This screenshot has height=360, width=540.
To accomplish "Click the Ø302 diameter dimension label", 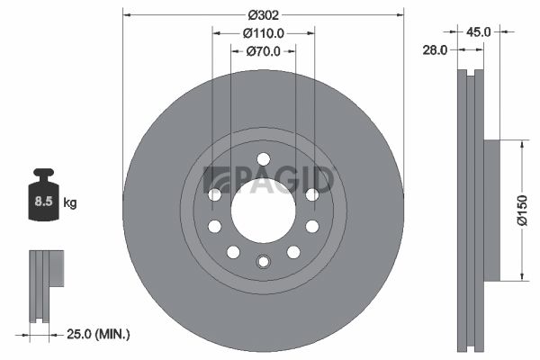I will pyautogui.click(x=263, y=15).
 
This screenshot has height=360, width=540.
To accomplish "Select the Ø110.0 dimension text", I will pyautogui.click(x=264, y=33).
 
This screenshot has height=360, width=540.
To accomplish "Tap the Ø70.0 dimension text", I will pyautogui.click(x=264, y=51).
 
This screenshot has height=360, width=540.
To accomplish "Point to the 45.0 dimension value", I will pyautogui.click(x=477, y=31).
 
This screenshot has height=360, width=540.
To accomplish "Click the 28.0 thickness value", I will pyautogui.click(x=435, y=50).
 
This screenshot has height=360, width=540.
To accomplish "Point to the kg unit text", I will pyautogui.click(x=69, y=202).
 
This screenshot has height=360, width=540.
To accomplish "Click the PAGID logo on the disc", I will pyautogui.click(x=270, y=179).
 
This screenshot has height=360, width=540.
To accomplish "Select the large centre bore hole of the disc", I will pyautogui.click(x=263, y=210).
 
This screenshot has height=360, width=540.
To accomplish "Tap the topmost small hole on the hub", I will pyautogui.click(x=263, y=159).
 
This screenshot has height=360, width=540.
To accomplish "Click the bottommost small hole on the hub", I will pyautogui.click(x=263, y=262).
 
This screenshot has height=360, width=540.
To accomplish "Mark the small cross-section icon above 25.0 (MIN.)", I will pyautogui.click(x=45, y=284).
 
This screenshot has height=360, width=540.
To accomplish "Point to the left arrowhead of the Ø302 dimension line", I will pyautogui.click(x=126, y=15).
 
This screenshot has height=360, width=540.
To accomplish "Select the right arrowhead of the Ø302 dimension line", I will pyautogui.click(x=400, y=15).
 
